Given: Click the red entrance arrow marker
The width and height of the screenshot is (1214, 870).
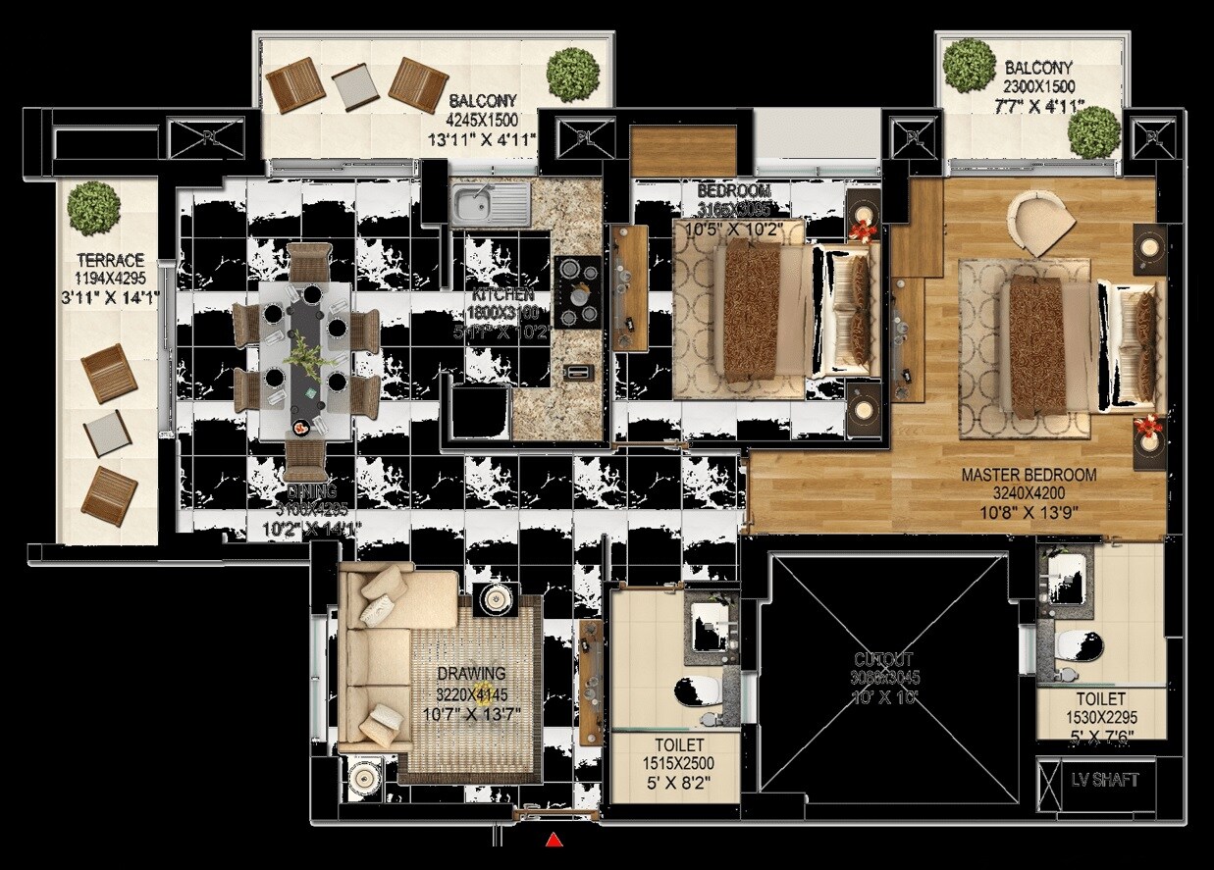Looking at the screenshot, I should pos(554,839).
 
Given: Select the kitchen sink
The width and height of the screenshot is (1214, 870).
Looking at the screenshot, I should pos(491,205).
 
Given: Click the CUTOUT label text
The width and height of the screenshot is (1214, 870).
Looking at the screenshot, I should pos(883,660).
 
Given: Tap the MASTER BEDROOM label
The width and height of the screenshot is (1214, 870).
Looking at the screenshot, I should pos(1029,475).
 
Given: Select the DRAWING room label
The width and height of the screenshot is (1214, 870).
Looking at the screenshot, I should pos(472,674).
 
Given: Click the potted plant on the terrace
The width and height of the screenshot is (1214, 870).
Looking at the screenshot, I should pos(94,206).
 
